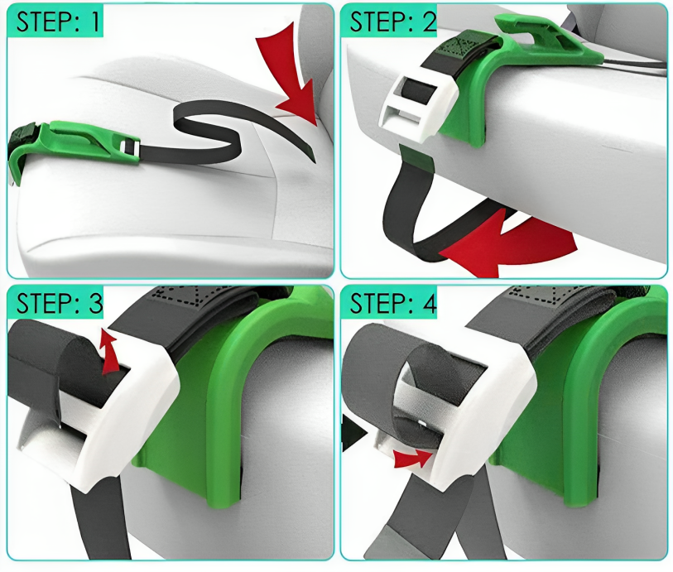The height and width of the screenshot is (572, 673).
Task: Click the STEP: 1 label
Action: (57, 22)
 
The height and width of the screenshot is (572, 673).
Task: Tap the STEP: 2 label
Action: (392, 22)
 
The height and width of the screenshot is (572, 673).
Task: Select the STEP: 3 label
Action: (60, 303)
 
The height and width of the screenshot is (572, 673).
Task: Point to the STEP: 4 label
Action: (392, 303)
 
